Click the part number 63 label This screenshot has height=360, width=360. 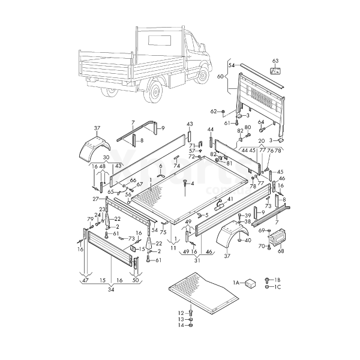pyautogui.click(x=275, y=61)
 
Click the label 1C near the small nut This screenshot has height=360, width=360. pyautogui.click(x=277, y=287)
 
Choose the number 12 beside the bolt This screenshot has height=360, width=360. pyautogui.click(x=181, y=313)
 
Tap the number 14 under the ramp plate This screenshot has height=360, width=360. pyautogui.click(x=181, y=325)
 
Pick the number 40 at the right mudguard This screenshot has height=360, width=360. pyautogui.click(x=248, y=240)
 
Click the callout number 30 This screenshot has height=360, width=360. pyautogui.click(x=106, y=158)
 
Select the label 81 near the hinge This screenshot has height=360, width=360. pyautogui.click(x=229, y=163)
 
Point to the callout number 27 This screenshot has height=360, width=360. pyautogui.click(x=95, y=199)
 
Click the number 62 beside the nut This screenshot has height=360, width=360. pyautogui.click(x=213, y=112)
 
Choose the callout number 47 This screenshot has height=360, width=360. pyautogui.click(x=85, y=280)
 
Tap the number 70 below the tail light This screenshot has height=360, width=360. pyautogui.click(x=262, y=246)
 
